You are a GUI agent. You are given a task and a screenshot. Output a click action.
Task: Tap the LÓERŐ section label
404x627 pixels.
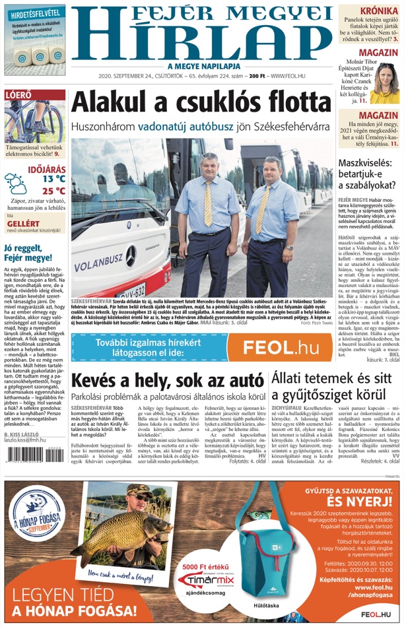point(18,95)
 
